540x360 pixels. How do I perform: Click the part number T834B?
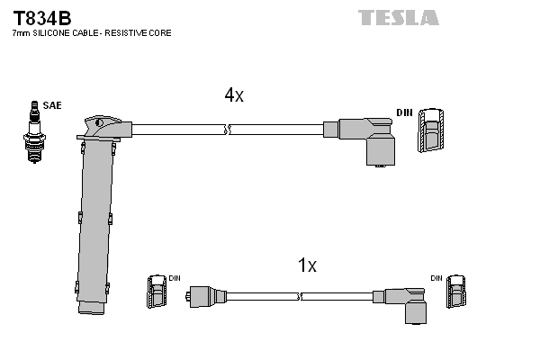click(42, 18)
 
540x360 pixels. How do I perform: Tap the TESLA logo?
click(399, 18)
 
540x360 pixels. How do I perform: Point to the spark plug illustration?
click(34, 132)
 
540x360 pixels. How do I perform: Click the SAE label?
click(52, 105)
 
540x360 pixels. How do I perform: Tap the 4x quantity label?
click(234, 94)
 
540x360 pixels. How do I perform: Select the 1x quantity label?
click(307, 265)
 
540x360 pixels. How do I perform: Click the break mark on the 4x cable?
click(227, 130)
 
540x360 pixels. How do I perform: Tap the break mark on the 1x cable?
click(300, 296)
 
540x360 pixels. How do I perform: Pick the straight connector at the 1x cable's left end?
click(206, 296)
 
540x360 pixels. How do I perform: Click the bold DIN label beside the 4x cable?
click(404, 112)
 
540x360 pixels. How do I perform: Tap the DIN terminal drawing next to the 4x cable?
click(431, 130)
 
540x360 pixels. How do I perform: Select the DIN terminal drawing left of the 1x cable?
click(157, 292)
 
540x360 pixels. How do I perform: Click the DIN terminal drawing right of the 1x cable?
click(456, 292)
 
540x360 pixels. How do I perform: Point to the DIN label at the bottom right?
click(436, 278)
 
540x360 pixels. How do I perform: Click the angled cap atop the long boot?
click(104, 128)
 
